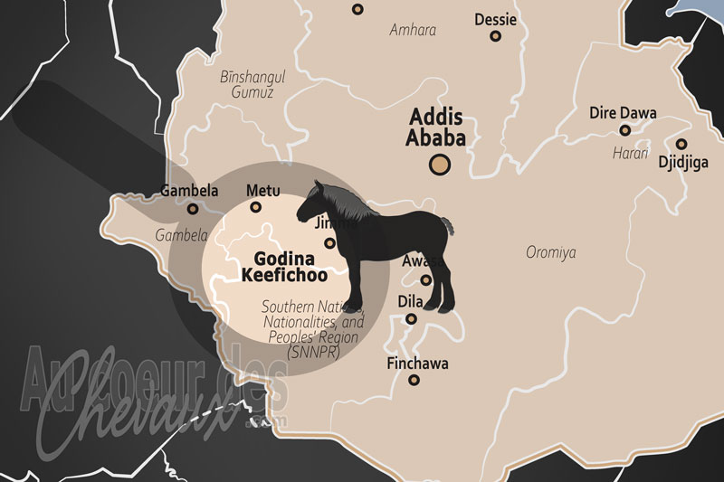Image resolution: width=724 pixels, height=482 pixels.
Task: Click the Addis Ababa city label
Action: [x=438, y=128]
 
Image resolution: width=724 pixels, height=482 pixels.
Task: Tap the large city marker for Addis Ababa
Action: [x=440, y=165]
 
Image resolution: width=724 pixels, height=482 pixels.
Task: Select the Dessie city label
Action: [x=495, y=18]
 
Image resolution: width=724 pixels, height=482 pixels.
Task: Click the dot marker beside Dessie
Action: [x=495, y=36]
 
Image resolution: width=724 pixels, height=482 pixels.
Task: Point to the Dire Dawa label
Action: [x=623, y=113]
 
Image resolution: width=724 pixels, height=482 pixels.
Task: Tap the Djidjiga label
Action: [x=681, y=164]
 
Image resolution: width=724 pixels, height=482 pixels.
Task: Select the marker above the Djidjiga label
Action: [x=681, y=144]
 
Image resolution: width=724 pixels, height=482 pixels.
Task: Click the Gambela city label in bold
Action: [x=189, y=191]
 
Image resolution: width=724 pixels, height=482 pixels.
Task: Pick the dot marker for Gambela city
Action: [x=192, y=209]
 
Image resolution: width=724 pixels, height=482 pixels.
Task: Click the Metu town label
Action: [x=263, y=191]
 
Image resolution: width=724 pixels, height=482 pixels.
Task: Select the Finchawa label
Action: [x=417, y=364]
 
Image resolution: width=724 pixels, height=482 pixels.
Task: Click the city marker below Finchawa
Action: [x=414, y=380]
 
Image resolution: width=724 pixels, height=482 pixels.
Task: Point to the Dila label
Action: [x=411, y=302]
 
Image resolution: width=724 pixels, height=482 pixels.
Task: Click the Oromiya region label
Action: [x=551, y=252]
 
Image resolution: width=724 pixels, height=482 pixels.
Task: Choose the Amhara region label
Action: [x=413, y=30]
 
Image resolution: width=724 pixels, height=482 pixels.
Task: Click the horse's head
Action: [x=316, y=198]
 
